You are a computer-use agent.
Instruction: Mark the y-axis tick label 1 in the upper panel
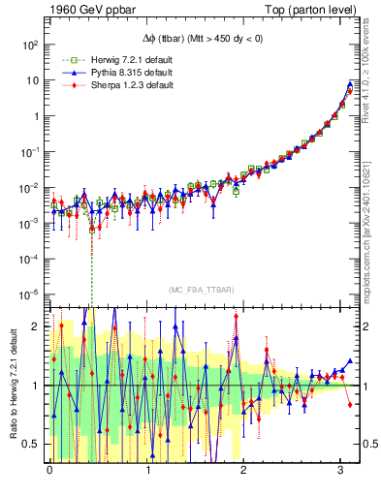(x=36, y=116)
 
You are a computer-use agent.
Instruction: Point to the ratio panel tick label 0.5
(x=33, y=445)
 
